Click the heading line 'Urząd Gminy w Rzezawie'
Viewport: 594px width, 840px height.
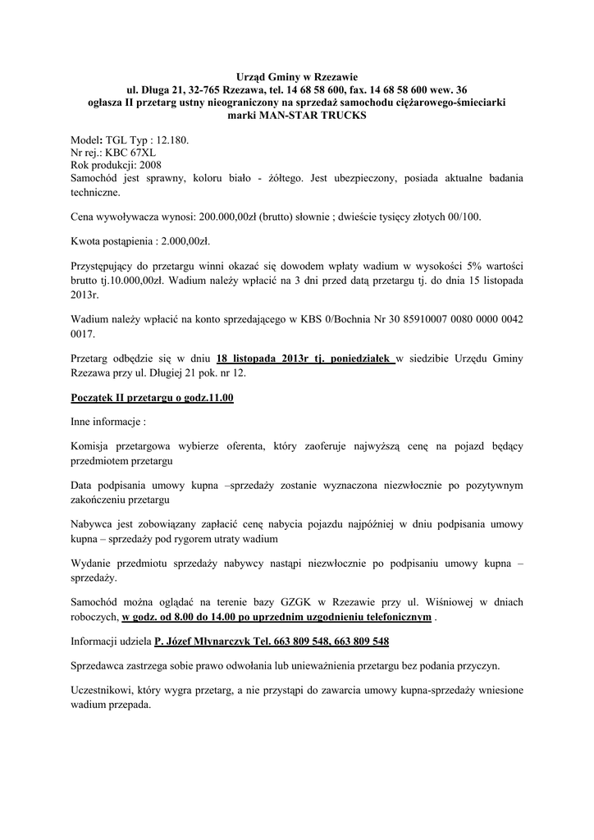pyautogui.click(x=297, y=76)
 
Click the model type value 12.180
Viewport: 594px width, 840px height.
pyautogui.click(x=172, y=140)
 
